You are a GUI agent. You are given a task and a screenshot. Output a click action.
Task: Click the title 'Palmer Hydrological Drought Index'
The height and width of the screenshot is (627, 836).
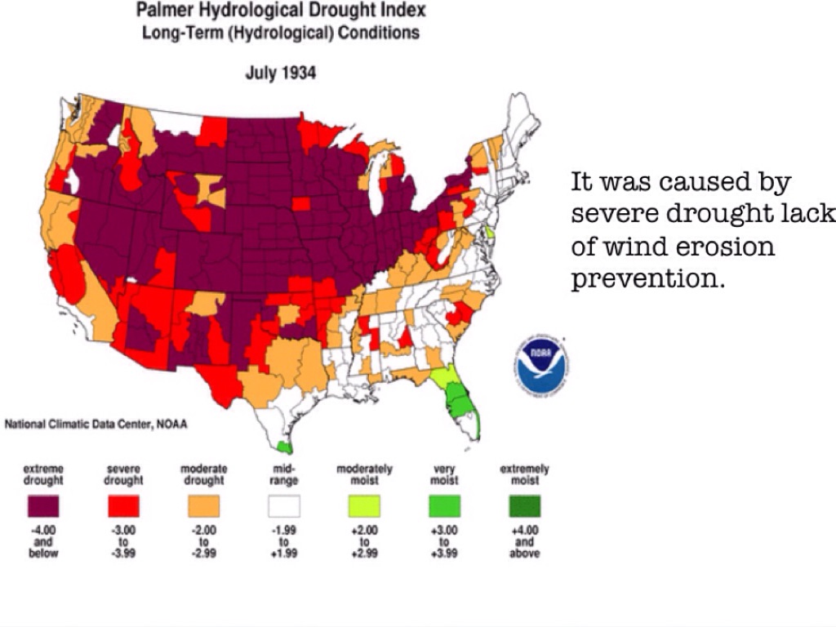coord(281,11)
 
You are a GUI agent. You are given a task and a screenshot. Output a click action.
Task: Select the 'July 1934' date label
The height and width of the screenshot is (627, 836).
coord(281,73)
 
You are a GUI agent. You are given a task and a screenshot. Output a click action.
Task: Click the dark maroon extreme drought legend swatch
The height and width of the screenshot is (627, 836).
coord(43,508)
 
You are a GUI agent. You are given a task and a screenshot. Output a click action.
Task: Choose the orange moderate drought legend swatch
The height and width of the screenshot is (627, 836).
coord(203,508)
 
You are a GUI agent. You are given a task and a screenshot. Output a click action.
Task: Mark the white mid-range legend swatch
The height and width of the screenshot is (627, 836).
coord(283,508)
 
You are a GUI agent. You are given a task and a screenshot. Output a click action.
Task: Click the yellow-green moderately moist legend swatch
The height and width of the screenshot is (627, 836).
coord(364,508)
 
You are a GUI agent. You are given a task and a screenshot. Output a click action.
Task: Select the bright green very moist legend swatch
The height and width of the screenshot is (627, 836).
coord(443,508)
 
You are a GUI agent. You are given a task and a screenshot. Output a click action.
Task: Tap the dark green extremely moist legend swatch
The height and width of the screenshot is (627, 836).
coord(523,508)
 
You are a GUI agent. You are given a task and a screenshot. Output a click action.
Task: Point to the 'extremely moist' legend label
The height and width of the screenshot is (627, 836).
coord(524,474)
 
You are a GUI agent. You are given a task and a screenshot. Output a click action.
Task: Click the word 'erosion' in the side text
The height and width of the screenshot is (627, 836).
coord(732,246)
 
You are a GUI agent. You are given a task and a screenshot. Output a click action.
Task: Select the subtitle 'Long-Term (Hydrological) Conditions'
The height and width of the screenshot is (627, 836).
coord(281,33)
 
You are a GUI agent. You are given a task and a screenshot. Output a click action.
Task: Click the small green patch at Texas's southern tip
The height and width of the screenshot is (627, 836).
coord(283,447)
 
